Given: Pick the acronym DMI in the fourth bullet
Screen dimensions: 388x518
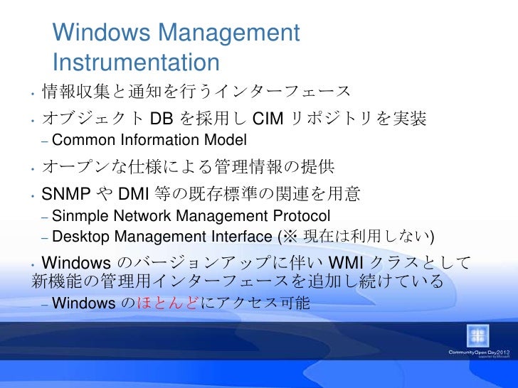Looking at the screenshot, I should click(x=133, y=193).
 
